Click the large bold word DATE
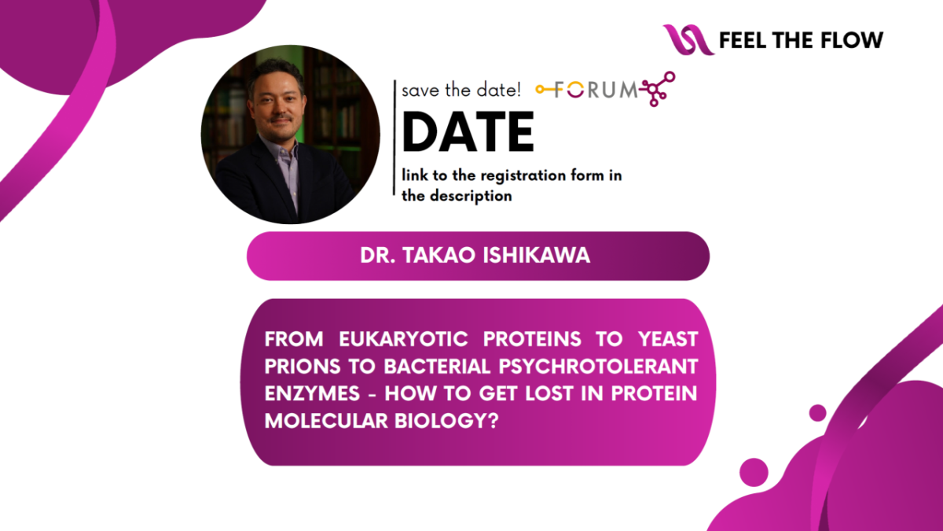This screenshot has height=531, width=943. point(468,131)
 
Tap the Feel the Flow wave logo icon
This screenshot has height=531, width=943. point(688,39)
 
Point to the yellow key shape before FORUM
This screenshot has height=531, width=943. point(545,90)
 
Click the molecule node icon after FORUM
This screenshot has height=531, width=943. point(658,88)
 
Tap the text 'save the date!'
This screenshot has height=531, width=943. point(461,90)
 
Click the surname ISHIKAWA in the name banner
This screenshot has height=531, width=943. point(536,256)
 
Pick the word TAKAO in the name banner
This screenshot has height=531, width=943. point(438,256)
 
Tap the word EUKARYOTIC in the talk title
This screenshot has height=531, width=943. point(403,339)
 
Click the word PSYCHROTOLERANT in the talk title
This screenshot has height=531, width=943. point(599,367)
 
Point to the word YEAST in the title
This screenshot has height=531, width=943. point(668,339)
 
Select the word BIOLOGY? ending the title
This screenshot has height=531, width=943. point(446,421)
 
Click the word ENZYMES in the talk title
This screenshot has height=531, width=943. point(312,393)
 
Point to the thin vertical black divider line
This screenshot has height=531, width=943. point(394,138)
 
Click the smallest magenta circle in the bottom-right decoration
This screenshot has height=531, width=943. point(817,412)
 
